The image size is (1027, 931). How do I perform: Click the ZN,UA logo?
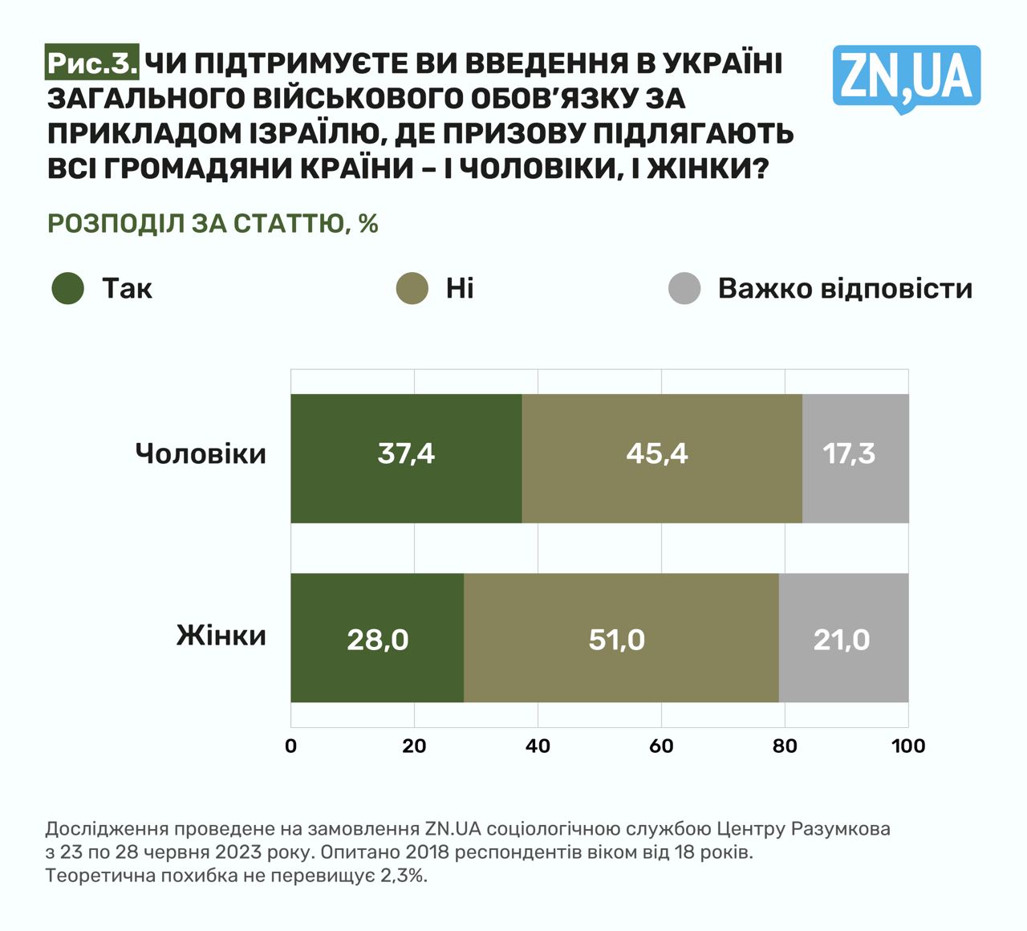(x=906, y=77)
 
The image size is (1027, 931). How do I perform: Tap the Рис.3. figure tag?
(x=91, y=63)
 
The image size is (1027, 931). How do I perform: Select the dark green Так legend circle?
(x=68, y=288)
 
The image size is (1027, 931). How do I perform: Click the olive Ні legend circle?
(x=413, y=288)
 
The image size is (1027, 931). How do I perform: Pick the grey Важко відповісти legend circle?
(x=684, y=288)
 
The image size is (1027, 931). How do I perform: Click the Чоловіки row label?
(x=201, y=454)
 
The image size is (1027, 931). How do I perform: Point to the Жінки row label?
(x=221, y=636)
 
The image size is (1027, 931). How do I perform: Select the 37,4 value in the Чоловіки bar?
(x=406, y=454)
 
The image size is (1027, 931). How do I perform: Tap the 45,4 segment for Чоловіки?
(x=657, y=454)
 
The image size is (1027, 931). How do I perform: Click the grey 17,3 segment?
(x=849, y=454)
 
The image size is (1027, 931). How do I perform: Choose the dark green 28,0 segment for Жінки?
(x=377, y=640)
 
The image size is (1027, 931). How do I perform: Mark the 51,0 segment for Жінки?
(x=616, y=640)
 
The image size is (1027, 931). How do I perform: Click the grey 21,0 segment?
(x=842, y=640)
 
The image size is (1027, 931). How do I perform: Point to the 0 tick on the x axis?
(x=290, y=746)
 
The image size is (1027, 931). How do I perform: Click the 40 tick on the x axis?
(x=538, y=746)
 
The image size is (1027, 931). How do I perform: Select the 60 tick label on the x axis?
(x=661, y=746)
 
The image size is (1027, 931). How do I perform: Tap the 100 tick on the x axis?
(x=908, y=746)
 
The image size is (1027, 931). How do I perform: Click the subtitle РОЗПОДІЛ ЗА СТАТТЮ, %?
(x=213, y=223)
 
